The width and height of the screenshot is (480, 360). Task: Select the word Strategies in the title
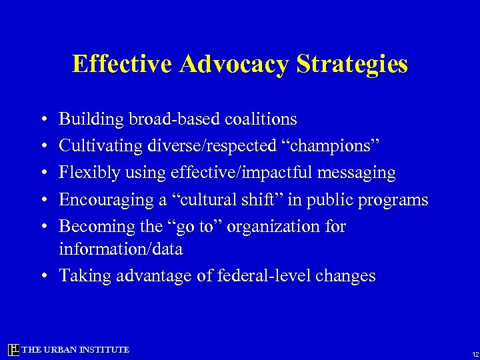[x=352, y=65]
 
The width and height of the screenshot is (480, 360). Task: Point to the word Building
[x=90, y=120]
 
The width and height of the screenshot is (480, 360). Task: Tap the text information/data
[x=121, y=249]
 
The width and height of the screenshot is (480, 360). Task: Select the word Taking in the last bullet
[x=81, y=276]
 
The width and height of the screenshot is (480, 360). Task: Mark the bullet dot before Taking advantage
[x=43, y=276]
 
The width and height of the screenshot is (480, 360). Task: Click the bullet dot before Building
[x=43, y=120]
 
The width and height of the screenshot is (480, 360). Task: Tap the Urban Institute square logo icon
[x=13, y=349]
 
